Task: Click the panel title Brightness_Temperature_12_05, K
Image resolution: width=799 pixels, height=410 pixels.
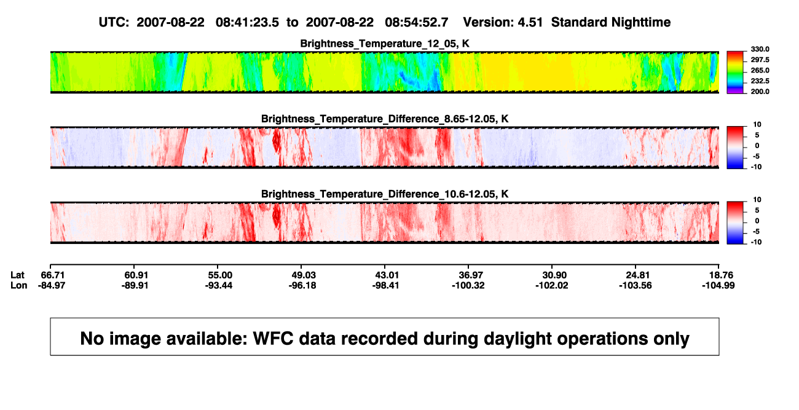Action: tap(385, 44)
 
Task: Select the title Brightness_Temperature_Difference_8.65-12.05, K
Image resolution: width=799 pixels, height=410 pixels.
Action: tap(385, 119)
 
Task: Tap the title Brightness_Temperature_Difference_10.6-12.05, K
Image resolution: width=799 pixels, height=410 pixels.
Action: tap(385, 194)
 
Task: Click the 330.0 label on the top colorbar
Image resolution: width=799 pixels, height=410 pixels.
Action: tap(760, 49)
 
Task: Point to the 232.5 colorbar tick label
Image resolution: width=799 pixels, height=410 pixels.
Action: tap(760, 81)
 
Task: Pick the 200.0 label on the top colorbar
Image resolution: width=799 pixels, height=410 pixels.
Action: tap(760, 92)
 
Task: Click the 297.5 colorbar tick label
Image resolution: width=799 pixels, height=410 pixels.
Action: tap(760, 60)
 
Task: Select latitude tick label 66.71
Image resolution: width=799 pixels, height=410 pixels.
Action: tap(53, 275)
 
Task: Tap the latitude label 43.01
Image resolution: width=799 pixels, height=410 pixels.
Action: tap(387, 275)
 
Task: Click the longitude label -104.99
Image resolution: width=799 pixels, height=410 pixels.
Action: tap(718, 285)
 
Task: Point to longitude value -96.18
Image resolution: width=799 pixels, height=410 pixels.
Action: tap(302, 285)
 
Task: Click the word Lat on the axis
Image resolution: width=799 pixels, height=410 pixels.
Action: tap(17, 275)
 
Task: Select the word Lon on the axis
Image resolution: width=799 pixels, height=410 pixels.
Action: tap(18, 285)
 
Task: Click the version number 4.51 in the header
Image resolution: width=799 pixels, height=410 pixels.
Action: tap(530, 23)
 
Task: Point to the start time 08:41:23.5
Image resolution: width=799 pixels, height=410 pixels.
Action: tap(247, 23)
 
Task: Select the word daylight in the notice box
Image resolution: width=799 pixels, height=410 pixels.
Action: tap(516, 339)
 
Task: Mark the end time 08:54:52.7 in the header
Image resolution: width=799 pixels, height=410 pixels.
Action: tap(417, 23)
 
